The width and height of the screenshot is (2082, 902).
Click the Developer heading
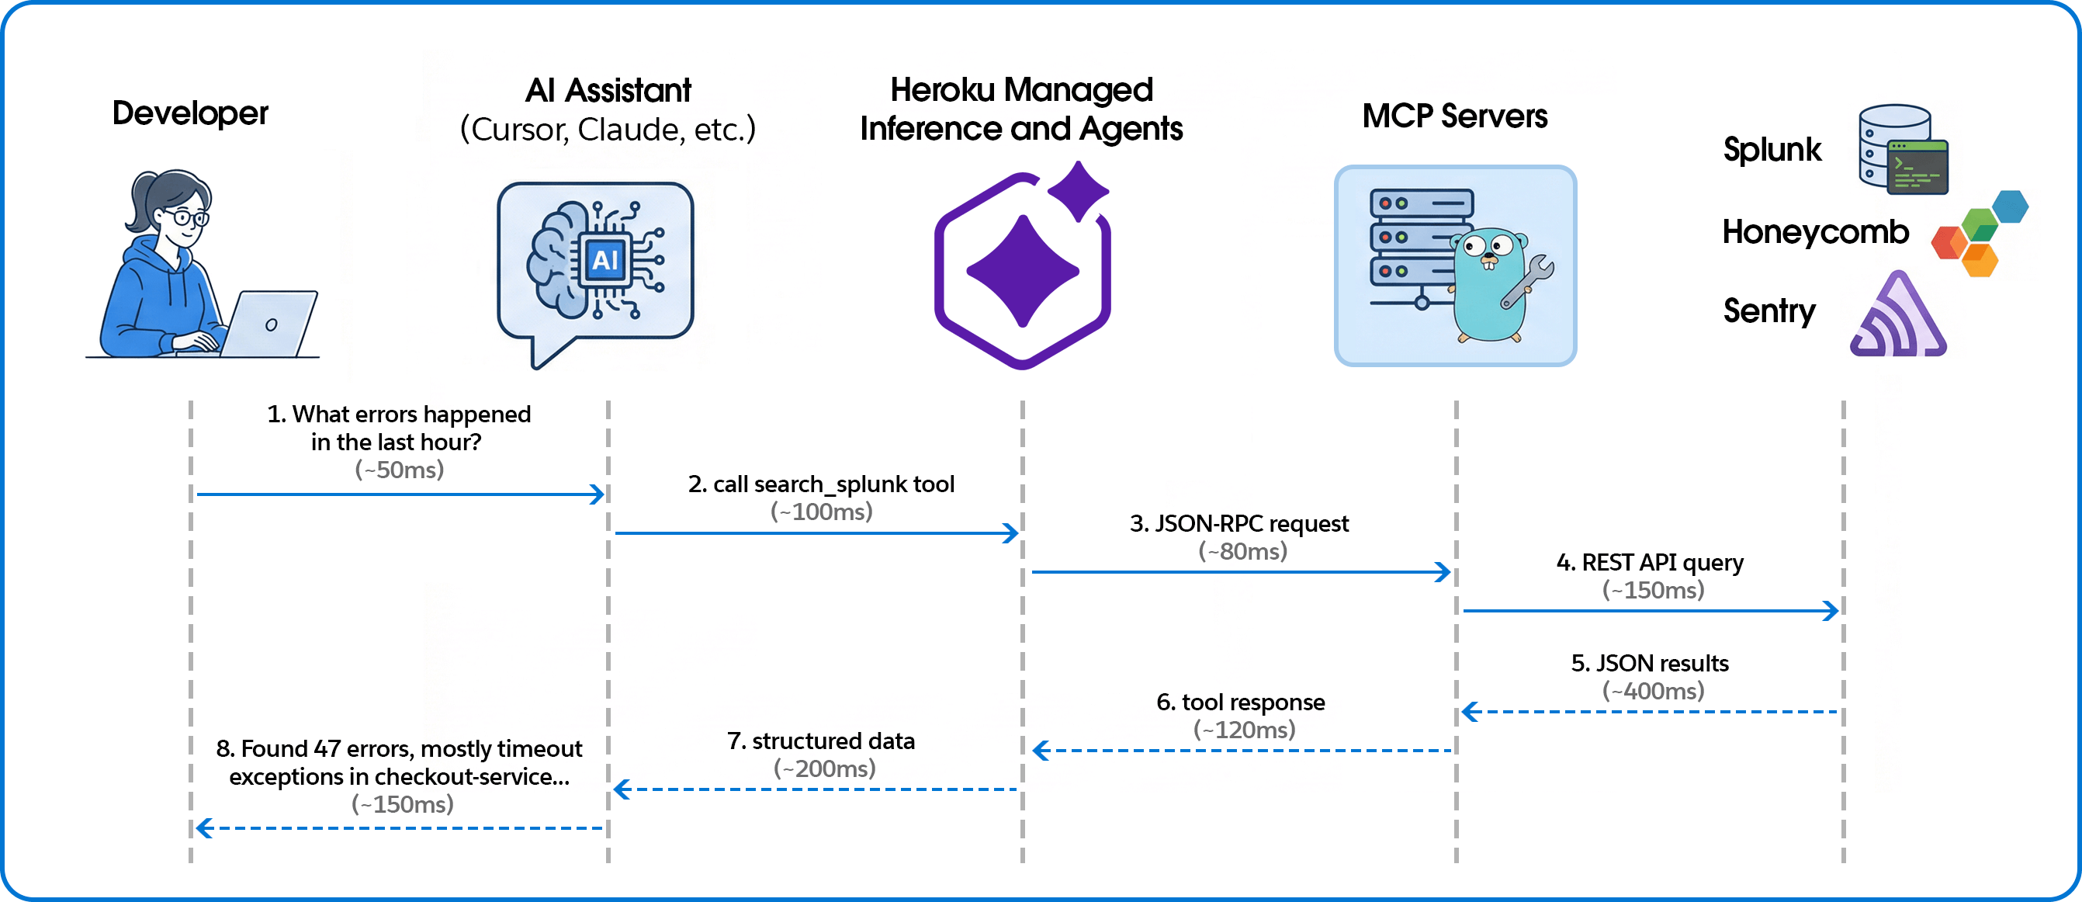tap(190, 113)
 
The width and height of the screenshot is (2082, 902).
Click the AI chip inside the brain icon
tap(605, 260)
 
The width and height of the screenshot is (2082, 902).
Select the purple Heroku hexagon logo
tap(1023, 271)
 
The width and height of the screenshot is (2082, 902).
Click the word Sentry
tap(1768, 311)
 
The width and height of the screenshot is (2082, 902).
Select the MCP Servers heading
tap(1455, 116)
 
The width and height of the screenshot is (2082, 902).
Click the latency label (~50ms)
tap(400, 470)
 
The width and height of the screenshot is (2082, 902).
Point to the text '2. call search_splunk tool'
tap(821, 484)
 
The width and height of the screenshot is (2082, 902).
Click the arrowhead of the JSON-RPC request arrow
tap(1443, 572)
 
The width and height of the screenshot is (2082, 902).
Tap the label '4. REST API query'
tap(1650, 563)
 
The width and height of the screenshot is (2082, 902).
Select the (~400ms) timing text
tap(1653, 691)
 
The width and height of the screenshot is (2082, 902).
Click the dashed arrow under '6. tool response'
tap(1245, 751)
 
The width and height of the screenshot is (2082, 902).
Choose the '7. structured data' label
tap(821, 741)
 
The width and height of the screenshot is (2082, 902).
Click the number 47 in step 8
tap(327, 749)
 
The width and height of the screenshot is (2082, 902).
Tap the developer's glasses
tap(191, 217)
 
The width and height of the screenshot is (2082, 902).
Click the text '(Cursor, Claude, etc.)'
tap(608, 130)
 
